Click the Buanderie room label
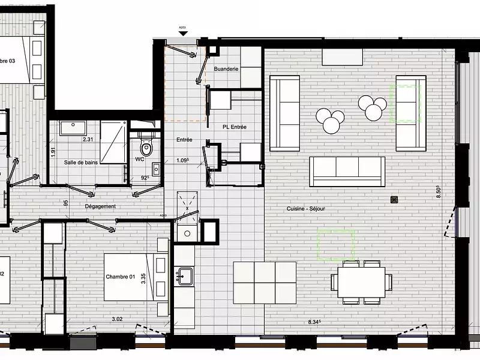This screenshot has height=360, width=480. (x=226, y=69)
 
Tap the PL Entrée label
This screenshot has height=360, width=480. (x=235, y=127)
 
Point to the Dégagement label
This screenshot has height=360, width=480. (x=100, y=206)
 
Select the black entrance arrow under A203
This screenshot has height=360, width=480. (x=182, y=34)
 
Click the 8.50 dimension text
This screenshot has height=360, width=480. (x=439, y=191)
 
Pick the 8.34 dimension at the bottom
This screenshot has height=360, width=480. (x=314, y=322)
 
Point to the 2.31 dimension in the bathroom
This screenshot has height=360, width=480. (x=87, y=139)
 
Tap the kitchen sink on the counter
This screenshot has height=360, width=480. (x=184, y=276)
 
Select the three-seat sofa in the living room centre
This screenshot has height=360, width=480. (x=347, y=171)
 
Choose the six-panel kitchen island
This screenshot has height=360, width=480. (x=265, y=283)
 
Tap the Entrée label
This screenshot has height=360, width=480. (x=184, y=140)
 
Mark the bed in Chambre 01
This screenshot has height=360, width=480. (x=135, y=277)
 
